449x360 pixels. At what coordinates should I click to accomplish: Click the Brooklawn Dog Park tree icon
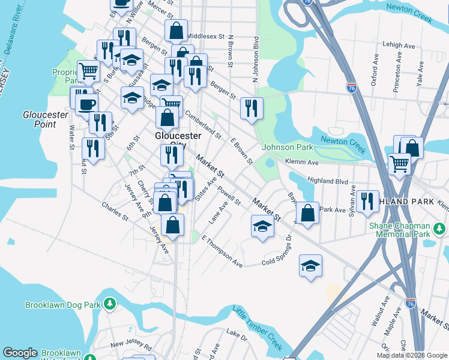pyautogui.click(x=109, y=304)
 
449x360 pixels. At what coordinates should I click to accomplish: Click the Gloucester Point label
pyautogui.click(x=40, y=119)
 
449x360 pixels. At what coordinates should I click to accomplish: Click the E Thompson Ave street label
pyautogui.click(x=223, y=251)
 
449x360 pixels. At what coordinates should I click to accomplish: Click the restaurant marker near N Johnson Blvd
pyautogui.click(x=252, y=108)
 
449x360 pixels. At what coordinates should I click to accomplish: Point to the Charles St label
pyautogui.click(x=115, y=214)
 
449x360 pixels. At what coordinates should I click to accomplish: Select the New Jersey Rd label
pyautogui.click(x=131, y=344)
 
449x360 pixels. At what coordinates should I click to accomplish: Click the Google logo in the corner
pyautogui.click(x=20, y=353)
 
